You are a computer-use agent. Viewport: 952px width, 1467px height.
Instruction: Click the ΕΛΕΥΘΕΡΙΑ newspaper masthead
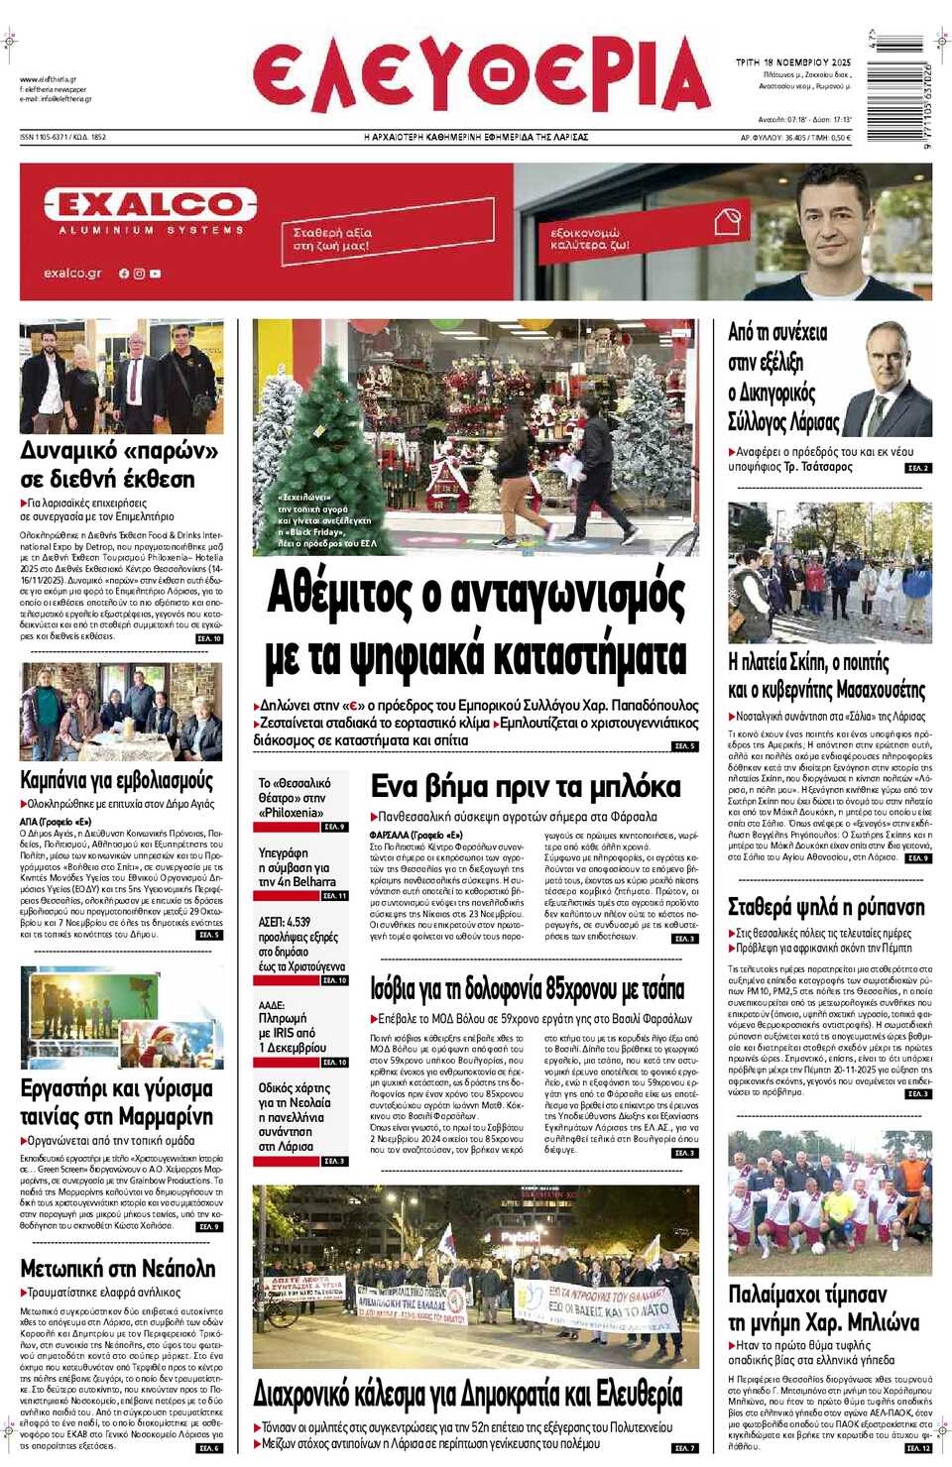coord(482,74)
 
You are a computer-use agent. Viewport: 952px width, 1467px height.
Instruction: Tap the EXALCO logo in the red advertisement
coord(150,205)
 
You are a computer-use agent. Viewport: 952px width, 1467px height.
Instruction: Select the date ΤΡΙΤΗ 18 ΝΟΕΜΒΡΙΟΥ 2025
coord(792,62)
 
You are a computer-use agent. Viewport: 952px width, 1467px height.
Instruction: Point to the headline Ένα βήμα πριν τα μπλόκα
coord(526,787)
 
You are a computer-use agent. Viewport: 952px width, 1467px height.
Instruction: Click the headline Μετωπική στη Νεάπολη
coord(118,1269)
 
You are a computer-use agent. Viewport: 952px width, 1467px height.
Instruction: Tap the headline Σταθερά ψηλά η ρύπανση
coord(826,907)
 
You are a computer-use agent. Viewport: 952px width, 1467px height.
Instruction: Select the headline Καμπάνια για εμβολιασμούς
coord(117,780)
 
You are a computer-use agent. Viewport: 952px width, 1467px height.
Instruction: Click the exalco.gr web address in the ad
coord(72,274)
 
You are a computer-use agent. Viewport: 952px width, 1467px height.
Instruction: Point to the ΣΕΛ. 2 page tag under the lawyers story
coord(918,468)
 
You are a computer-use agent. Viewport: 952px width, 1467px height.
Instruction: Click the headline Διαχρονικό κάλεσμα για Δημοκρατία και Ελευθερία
coord(468,1395)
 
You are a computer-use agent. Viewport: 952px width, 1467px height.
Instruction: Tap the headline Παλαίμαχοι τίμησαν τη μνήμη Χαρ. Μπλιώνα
coord(823,1308)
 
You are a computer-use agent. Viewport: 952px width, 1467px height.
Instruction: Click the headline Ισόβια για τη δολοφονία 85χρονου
coord(528,989)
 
